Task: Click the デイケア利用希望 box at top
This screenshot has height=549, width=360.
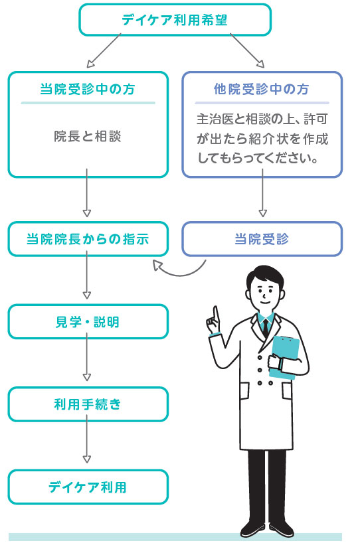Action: pos(175,20)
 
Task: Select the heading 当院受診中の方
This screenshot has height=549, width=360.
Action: pos(88,89)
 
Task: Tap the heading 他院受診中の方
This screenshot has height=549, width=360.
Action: pos(262,89)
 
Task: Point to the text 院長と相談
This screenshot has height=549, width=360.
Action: pos(88,136)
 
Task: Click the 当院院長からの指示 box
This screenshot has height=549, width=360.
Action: pos(88,239)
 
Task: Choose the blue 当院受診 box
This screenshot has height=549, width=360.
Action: pos(262,239)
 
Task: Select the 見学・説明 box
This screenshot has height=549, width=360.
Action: pos(88,322)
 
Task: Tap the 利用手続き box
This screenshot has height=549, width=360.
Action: pos(88,404)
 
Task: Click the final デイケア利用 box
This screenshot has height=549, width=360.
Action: pos(88,487)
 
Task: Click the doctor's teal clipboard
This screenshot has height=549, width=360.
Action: pos(286,357)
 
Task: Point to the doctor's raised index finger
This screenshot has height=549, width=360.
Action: pos(216,314)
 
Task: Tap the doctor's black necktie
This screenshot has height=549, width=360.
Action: pos(266,328)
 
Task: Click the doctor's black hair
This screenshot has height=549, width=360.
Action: pos(265,277)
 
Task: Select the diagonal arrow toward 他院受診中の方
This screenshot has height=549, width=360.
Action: pos(247,50)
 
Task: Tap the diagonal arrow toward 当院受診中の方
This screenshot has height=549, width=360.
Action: pos(104,50)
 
